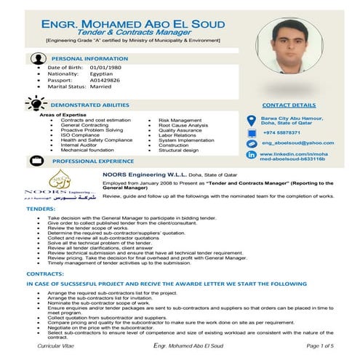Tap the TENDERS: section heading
(41, 209)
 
